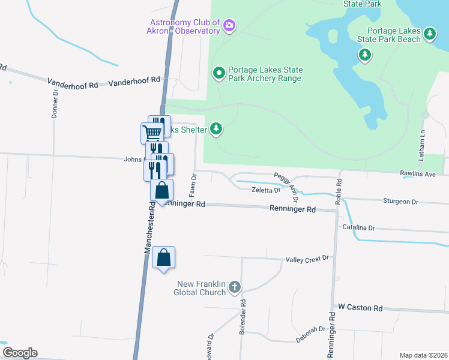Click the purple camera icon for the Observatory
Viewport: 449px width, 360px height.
(229, 26)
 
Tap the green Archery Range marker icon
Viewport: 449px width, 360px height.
(219, 73)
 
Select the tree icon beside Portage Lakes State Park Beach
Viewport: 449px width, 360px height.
(429, 35)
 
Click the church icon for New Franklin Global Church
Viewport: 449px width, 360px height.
(235, 287)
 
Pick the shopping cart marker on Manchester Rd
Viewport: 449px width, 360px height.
(152, 132)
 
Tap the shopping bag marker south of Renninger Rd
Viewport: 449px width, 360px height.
(163, 258)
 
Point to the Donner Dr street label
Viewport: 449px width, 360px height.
(55, 104)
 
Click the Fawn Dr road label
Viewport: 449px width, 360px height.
(193, 186)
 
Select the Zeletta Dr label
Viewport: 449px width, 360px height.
(265, 190)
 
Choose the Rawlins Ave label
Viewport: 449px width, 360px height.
(417, 174)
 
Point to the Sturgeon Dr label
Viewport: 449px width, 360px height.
(400, 202)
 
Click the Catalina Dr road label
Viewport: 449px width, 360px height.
(358, 228)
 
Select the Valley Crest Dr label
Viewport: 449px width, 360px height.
(307, 258)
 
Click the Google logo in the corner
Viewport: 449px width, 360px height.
(19, 353)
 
